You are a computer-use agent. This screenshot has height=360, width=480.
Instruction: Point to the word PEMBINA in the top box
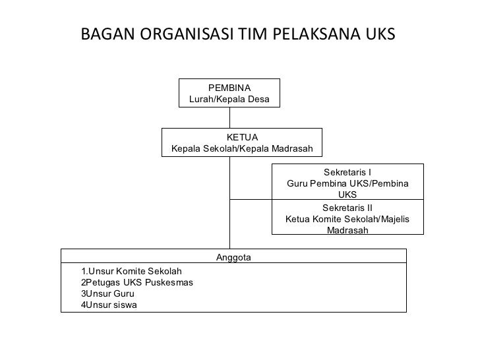point(229,88)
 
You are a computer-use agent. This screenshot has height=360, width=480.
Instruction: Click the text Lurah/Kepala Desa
point(229,99)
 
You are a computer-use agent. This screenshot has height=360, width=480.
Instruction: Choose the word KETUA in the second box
point(242,137)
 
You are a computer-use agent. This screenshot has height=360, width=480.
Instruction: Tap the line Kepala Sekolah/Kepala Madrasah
point(242,148)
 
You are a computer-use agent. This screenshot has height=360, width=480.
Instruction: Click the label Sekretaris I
point(347,172)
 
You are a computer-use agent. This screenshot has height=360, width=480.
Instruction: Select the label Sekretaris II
point(347,207)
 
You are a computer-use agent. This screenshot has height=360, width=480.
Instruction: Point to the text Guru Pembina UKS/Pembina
point(347,183)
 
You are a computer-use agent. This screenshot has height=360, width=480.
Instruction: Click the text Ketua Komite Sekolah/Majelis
point(347,219)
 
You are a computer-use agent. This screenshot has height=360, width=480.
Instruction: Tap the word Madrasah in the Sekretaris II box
point(347,230)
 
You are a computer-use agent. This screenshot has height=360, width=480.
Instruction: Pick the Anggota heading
point(233,257)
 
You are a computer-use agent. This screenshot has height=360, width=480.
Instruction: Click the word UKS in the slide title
point(380,34)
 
